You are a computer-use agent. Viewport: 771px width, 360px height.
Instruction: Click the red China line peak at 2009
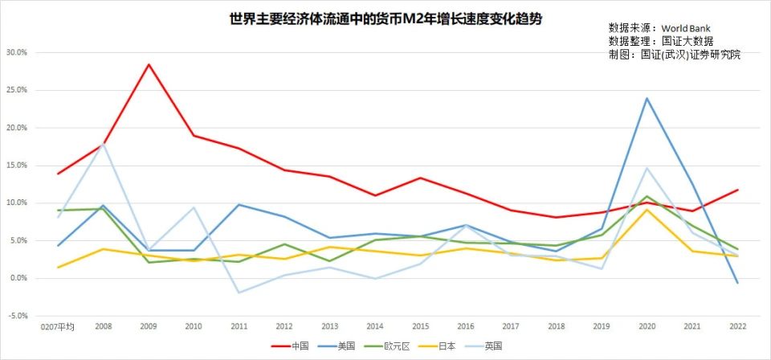(149, 64)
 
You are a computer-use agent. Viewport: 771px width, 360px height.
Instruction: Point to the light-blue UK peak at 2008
(103, 144)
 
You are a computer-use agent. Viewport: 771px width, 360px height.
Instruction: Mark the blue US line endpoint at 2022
(736, 283)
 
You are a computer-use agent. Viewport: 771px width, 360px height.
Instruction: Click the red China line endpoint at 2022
(736, 190)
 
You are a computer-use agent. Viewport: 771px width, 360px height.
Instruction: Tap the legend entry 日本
(446, 346)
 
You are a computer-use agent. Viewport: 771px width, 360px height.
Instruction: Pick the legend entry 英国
(492, 346)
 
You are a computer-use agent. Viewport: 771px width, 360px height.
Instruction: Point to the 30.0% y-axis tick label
(16, 52)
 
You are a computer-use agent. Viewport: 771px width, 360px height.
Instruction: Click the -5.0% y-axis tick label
(16, 316)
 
